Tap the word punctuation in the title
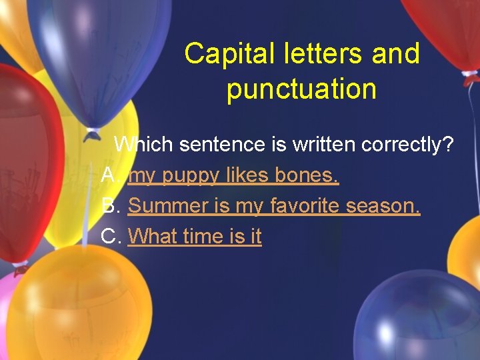click(301, 89)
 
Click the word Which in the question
click(143, 144)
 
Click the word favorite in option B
click(305, 206)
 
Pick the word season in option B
click(383, 206)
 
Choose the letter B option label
click(110, 206)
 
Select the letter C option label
click(111, 236)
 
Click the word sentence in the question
click(217, 144)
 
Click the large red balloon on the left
click(27, 167)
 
